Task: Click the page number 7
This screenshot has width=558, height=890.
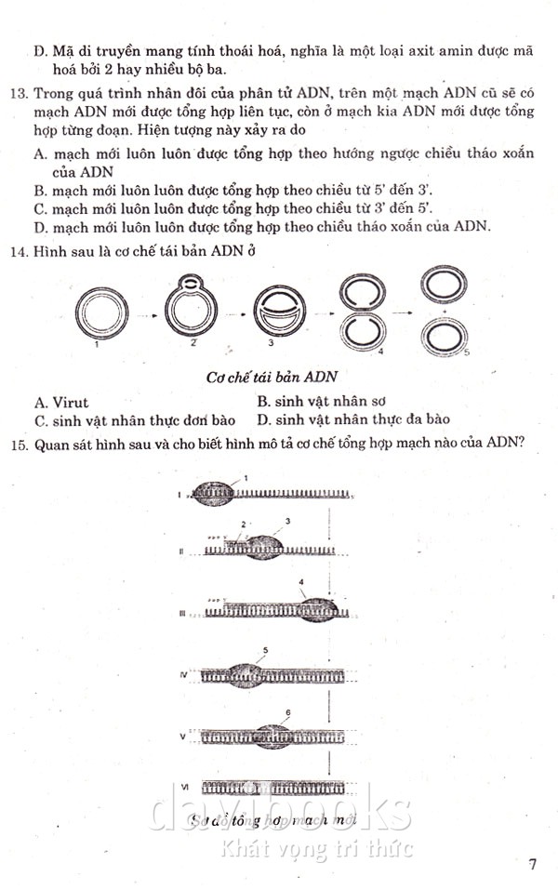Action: click(x=533, y=864)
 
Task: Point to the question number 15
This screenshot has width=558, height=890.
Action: click(x=21, y=444)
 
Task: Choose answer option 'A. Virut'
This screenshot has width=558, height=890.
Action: click(x=61, y=402)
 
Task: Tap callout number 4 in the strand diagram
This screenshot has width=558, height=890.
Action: click(x=301, y=582)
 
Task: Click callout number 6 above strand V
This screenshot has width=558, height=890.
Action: click(x=288, y=712)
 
